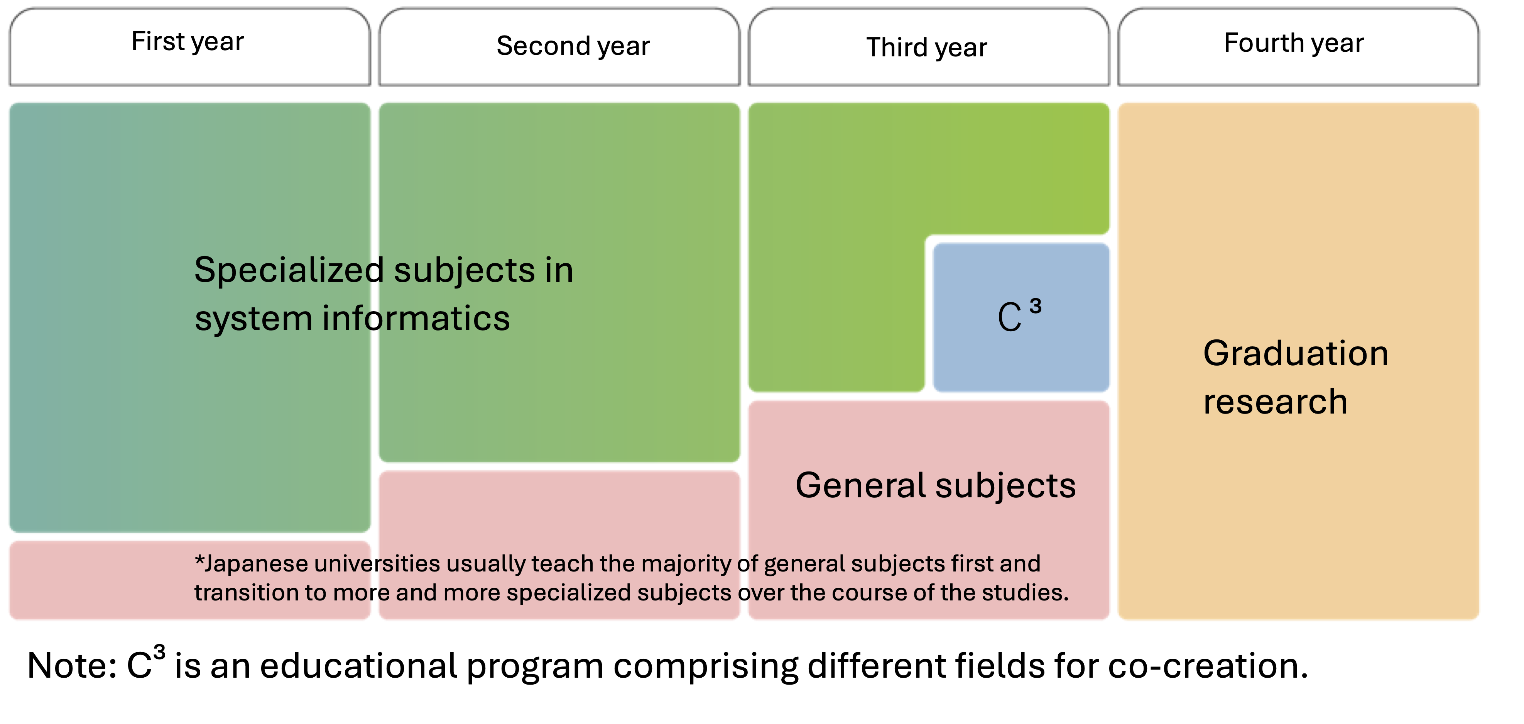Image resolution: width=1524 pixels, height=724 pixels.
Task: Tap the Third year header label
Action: (x=926, y=47)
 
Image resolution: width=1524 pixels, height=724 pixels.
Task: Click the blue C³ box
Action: (x=1021, y=317)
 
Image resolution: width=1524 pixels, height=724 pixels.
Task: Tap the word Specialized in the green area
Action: (x=289, y=271)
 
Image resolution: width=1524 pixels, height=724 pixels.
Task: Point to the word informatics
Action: (x=415, y=319)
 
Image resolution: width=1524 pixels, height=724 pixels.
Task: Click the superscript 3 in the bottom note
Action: (x=159, y=652)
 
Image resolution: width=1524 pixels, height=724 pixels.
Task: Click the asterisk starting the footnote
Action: (x=199, y=560)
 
